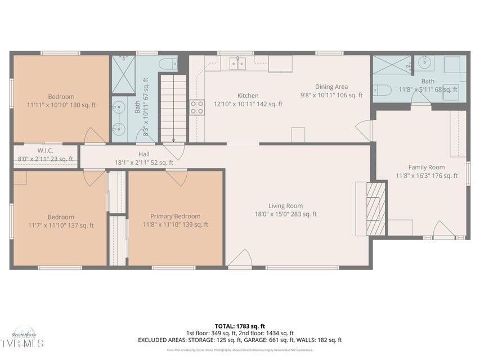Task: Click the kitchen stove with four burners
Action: [197, 107]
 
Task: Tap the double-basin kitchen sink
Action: [237, 63]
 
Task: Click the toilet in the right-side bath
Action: [382, 90]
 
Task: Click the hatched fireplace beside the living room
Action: [376, 208]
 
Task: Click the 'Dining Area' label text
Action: [331, 87]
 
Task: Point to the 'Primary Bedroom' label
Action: [175, 216]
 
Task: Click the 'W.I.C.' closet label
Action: [45, 150]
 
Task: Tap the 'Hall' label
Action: [144, 154]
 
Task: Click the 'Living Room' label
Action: [285, 206]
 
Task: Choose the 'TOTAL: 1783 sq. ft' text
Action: [240, 326]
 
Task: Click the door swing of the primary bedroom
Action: [177, 177]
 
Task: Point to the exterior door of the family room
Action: [443, 231]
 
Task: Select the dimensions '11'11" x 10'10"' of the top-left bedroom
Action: [61, 105]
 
